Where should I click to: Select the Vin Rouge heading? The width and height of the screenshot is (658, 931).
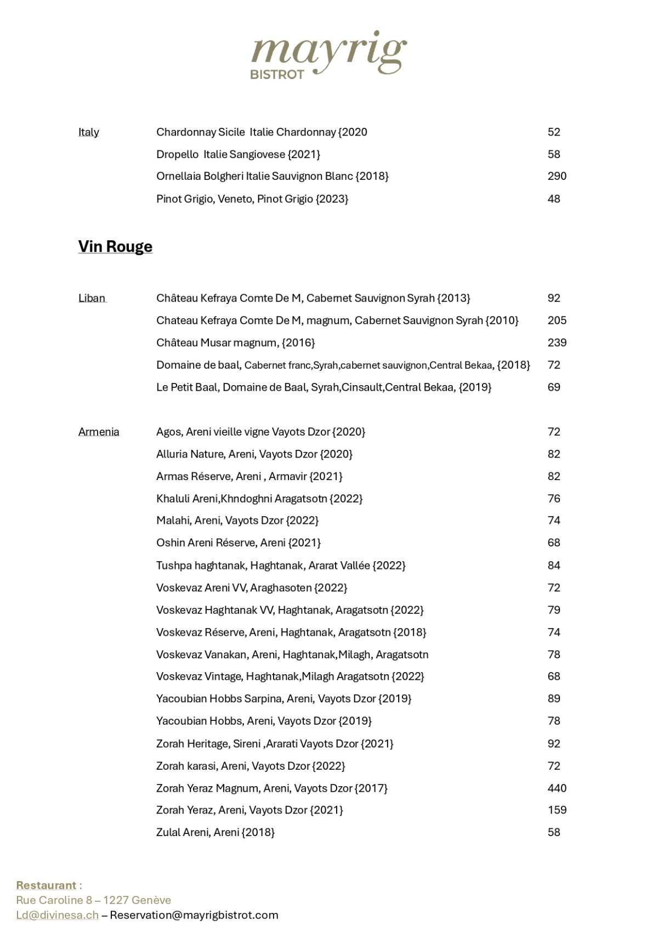115,247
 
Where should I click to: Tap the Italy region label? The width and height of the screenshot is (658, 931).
89,132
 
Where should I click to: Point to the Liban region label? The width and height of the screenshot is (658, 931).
92,298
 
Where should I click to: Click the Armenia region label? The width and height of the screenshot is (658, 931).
99,432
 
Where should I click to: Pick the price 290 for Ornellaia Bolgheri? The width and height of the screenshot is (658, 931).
557,177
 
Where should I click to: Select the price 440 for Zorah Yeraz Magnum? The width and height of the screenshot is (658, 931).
557,788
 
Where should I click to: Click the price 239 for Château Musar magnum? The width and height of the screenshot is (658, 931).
557,343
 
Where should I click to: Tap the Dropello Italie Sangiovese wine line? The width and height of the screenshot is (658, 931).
238,155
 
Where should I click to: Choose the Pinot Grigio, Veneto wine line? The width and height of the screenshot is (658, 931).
252,199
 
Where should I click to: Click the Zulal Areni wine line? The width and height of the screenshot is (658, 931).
215,833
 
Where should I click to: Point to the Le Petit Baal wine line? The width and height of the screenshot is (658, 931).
324,387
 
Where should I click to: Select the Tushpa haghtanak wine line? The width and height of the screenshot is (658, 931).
281,566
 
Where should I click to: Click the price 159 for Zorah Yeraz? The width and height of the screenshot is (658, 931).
557,810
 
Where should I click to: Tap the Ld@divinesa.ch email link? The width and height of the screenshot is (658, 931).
57,915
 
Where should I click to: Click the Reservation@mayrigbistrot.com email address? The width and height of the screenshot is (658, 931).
194,915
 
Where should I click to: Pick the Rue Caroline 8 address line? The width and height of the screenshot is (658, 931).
93,900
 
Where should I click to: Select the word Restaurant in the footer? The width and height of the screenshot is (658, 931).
46,885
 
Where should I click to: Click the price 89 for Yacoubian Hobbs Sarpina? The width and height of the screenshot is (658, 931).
554,699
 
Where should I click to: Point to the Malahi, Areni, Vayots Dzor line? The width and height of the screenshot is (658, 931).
237,521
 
